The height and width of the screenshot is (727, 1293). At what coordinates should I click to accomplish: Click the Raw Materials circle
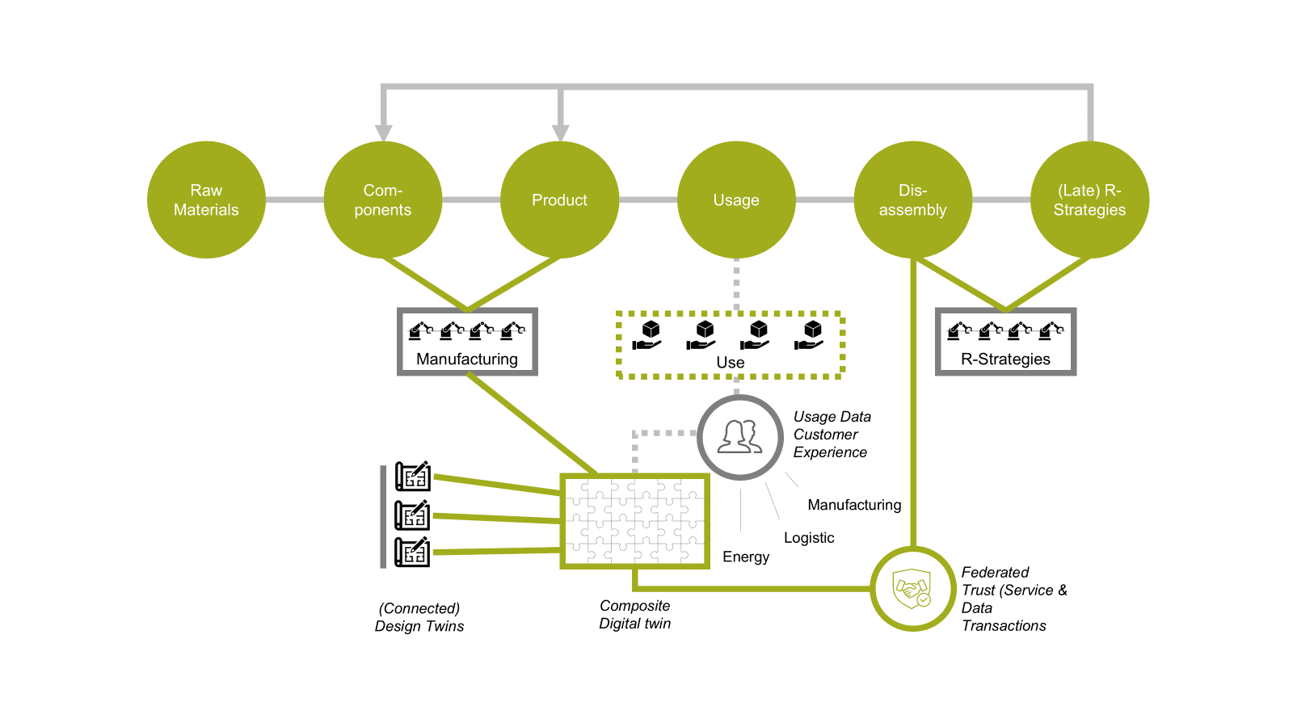tap(206, 200)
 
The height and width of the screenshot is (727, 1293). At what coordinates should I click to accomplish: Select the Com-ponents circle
tap(383, 200)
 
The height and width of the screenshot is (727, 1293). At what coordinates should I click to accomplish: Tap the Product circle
tap(560, 200)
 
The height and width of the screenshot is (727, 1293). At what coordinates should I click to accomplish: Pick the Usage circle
tap(736, 200)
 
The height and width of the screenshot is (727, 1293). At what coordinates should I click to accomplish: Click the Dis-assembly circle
tap(913, 200)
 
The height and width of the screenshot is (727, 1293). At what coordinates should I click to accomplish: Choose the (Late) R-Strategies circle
tap(1089, 200)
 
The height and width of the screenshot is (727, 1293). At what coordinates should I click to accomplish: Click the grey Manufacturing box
tap(467, 342)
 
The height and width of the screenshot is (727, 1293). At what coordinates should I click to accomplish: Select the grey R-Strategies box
tap(1005, 342)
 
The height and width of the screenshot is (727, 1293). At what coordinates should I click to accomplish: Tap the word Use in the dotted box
tap(731, 363)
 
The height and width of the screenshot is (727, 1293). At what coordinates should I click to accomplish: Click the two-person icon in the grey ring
tap(740, 437)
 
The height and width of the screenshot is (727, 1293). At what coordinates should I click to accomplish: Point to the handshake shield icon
tap(912, 589)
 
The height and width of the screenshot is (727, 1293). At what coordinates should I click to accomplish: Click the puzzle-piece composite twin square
tap(635, 521)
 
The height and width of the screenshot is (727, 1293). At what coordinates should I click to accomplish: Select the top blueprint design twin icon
tap(412, 477)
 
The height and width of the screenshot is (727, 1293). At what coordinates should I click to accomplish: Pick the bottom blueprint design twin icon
tap(412, 552)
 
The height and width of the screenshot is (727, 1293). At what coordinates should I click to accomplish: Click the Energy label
tap(746, 557)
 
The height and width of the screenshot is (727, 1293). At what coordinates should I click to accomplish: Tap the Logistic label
tap(809, 538)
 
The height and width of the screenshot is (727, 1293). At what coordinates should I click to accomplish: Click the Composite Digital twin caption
tap(635, 615)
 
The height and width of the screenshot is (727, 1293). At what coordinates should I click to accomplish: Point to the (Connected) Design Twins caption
tap(419, 617)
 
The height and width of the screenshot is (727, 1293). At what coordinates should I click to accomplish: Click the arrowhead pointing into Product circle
tap(561, 133)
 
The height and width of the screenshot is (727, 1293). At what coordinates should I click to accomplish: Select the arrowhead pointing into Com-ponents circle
tap(384, 133)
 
